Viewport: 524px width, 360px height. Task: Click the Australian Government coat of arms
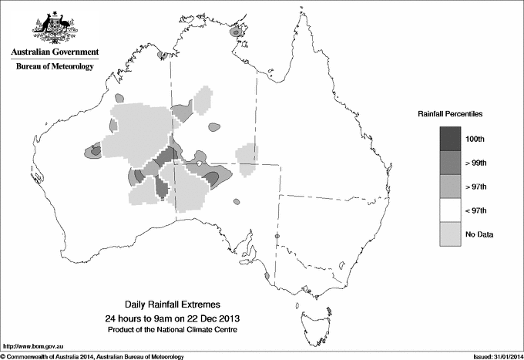(x=54, y=28)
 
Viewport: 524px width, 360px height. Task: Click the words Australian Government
(x=55, y=52)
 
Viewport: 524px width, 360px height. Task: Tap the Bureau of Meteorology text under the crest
(x=55, y=67)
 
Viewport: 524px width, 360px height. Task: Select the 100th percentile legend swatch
(x=451, y=140)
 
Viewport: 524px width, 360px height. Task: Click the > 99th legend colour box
(x=451, y=163)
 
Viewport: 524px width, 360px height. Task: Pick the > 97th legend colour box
(x=451, y=187)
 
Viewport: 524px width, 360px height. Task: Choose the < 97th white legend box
(x=451, y=210)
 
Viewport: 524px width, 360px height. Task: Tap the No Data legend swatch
(x=451, y=234)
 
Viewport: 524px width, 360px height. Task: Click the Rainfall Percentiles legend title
(x=450, y=114)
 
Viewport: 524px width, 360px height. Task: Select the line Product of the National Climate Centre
(x=172, y=330)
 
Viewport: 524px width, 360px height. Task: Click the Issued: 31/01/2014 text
(x=494, y=355)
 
